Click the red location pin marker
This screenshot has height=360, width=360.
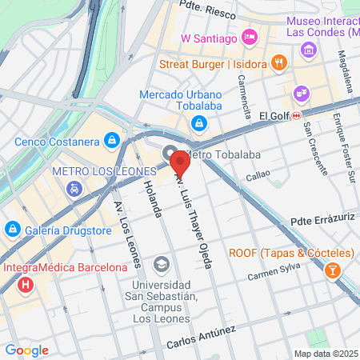(180, 165)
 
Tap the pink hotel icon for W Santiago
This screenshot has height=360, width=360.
(250, 37)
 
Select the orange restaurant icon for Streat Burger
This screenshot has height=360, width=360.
(278, 62)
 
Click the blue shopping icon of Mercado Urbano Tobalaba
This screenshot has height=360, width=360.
(198, 123)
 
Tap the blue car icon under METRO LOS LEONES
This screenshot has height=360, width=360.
(74, 189)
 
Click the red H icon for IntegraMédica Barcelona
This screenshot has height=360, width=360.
(27, 283)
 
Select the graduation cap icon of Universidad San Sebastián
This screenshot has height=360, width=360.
(162, 264)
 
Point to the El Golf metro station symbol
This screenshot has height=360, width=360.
(296, 115)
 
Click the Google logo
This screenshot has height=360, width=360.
(26, 350)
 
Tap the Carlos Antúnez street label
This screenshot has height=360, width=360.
(201, 338)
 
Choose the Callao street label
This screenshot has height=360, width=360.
(258, 175)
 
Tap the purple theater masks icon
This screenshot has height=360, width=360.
(300, 92)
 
